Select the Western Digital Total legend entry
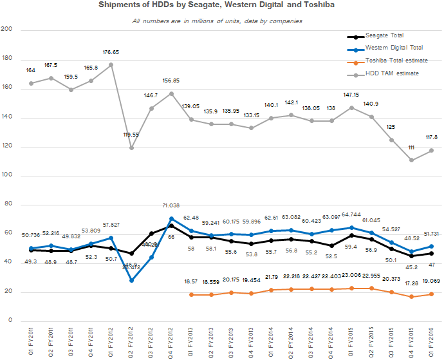point(394,48)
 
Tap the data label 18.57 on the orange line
point(191,282)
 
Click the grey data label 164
point(30,70)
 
